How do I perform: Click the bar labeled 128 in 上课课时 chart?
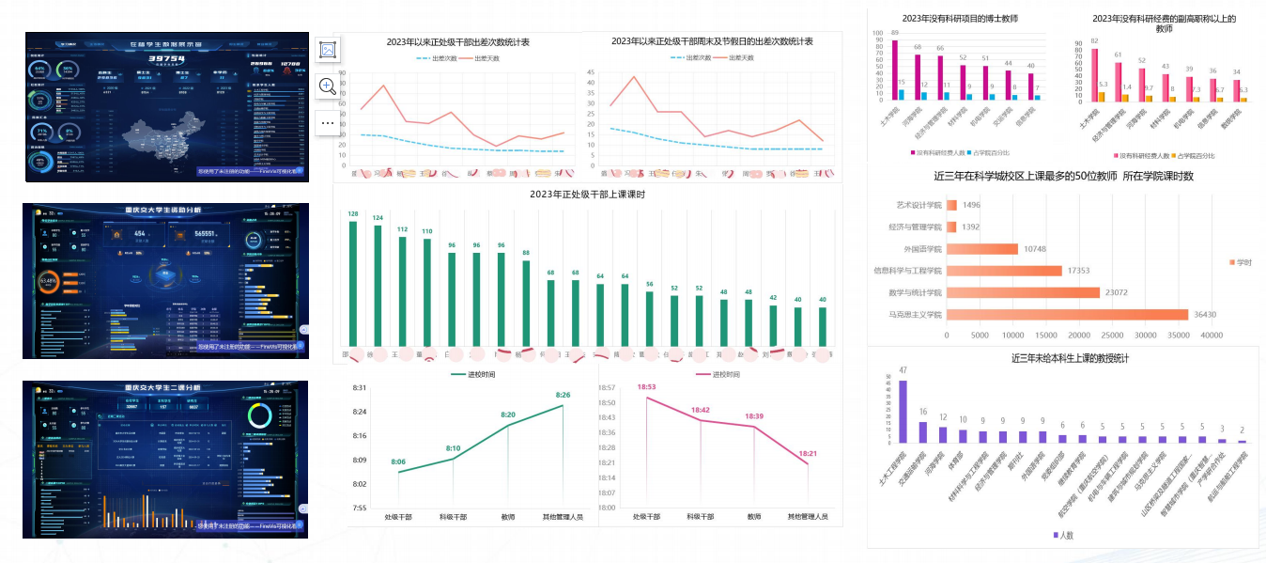point(352,282)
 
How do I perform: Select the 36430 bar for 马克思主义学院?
point(1067,315)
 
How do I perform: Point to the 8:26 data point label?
point(563,396)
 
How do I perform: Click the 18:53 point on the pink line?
point(646,398)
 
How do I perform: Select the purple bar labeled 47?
point(903,411)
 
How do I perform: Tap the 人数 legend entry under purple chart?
point(1062,535)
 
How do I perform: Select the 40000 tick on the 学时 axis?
point(1212,334)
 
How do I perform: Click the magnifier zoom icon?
point(328,86)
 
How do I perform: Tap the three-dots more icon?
point(328,122)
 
